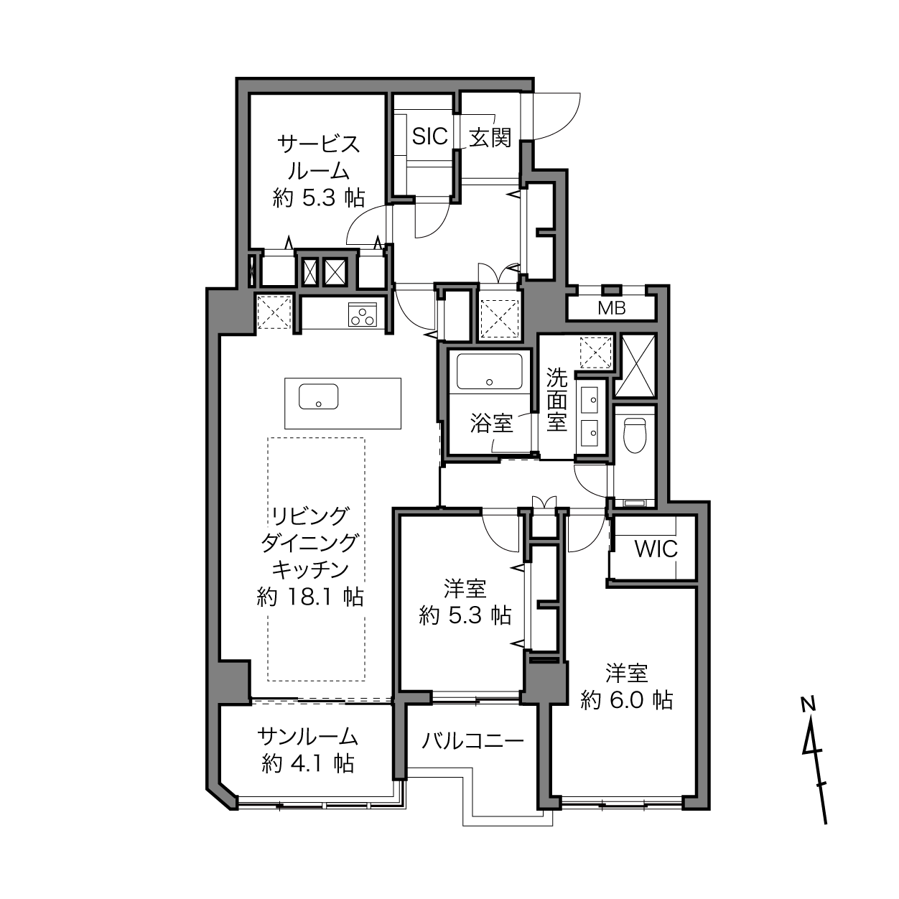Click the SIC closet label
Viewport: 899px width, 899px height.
[430, 136]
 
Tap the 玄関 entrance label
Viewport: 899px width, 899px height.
[490, 137]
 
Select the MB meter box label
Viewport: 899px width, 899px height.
[611, 309]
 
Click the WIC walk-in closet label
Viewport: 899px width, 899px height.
[656, 549]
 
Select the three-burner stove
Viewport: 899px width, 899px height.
[363, 315]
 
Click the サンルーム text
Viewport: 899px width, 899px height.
[307, 737]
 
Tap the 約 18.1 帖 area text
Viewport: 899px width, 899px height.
[309, 597]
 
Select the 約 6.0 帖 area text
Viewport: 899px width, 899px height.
[626, 700]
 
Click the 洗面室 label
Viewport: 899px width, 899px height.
[556, 399]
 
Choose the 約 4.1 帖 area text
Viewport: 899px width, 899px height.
[307, 763]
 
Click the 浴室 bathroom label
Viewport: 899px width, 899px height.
[492, 424]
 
